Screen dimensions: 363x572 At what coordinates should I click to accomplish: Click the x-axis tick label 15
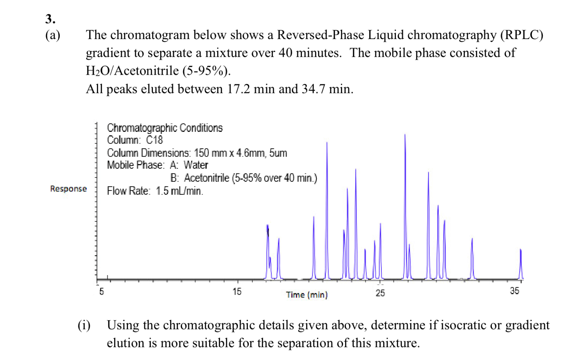tap(237, 292)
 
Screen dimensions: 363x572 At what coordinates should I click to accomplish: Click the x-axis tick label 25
tap(380, 293)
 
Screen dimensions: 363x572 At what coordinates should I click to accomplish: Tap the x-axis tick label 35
tap(514, 291)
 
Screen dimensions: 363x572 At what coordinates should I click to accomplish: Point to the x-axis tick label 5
tap(101, 292)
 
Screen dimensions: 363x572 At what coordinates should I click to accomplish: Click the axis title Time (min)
tap(307, 295)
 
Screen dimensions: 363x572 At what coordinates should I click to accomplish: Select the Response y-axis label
tap(69, 189)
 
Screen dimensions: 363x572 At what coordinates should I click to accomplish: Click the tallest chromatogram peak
tap(405, 137)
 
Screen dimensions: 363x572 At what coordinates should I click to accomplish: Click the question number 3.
tap(50, 19)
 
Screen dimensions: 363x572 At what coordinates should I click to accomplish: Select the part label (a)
tap(52, 35)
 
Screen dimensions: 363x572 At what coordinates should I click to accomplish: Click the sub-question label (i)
tap(84, 325)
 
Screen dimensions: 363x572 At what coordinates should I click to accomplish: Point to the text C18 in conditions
tap(154, 140)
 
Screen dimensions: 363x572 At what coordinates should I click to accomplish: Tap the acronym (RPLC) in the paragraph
tap(521, 35)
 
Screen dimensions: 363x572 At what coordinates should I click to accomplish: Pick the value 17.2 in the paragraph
tap(239, 89)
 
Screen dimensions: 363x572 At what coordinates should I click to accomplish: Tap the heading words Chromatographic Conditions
tap(165, 128)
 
